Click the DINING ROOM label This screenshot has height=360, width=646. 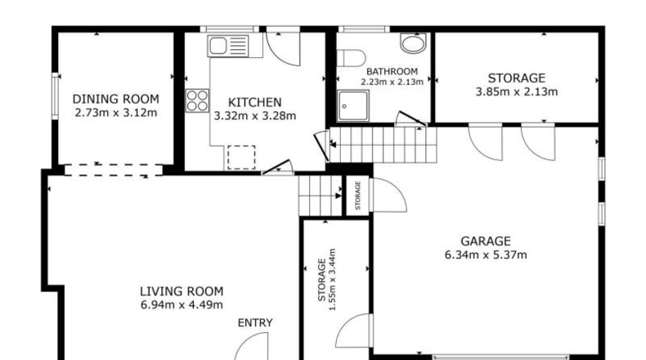[116, 99]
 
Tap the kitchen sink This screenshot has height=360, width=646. [228, 45]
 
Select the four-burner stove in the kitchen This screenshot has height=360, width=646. [197, 101]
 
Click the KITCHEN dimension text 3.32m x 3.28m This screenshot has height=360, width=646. [255, 116]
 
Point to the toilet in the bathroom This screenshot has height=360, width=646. [351, 58]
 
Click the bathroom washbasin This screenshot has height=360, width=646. [413, 43]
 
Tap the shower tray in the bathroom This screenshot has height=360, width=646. [352, 106]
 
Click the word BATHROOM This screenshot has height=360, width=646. [392, 71]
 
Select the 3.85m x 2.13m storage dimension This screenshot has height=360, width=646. [517, 92]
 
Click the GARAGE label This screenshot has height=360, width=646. [486, 241]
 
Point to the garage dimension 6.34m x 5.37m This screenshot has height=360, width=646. [486, 254]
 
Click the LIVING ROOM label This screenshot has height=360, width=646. [182, 291]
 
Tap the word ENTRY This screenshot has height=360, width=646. [255, 322]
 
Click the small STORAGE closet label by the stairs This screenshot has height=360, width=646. [357, 196]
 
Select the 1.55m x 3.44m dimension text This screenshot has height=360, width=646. [333, 279]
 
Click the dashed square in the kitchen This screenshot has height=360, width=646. [241, 157]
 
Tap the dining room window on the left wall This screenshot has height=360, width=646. [55, 96]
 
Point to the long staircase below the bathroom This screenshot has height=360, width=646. [384, 144]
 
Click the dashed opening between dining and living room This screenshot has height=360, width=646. [114, 170]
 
